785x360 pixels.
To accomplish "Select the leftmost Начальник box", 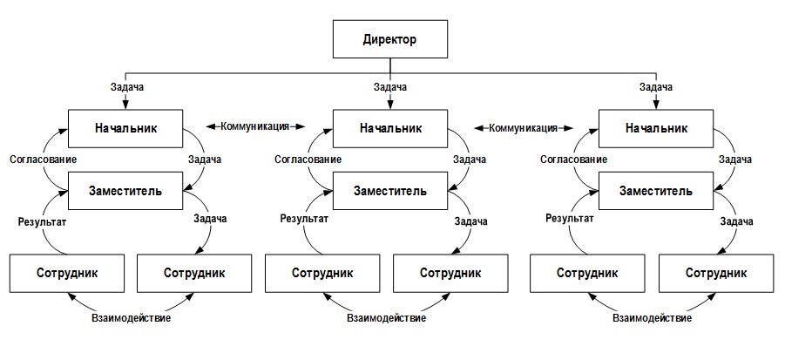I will point(125,128).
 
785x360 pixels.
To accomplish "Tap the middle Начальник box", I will point(391,128).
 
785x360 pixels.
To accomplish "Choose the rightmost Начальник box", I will point(657,128).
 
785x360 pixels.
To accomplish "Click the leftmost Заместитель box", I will point(125,191).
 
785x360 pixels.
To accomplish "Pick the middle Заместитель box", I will point(391,191).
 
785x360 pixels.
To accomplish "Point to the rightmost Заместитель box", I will point(657,191).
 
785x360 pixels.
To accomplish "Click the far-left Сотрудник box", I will point(66,272).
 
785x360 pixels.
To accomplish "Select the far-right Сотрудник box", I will point(715,272).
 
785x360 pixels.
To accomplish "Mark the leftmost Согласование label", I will point(43,160).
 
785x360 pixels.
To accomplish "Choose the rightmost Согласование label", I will point(574,160).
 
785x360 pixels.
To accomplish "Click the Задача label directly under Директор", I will point(391,87).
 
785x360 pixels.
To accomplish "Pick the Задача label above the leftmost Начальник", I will point(125,87).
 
